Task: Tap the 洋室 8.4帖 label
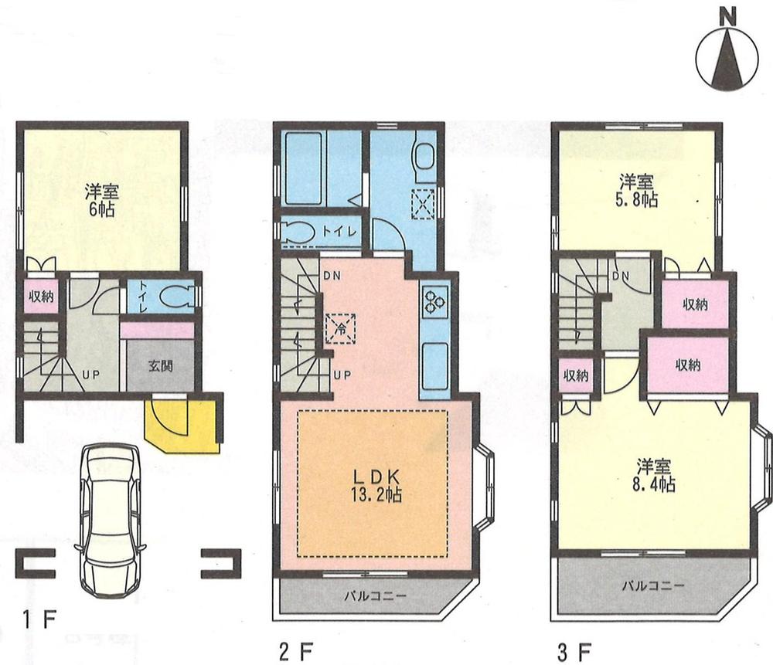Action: pos(656,475)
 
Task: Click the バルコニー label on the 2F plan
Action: pos(374,595)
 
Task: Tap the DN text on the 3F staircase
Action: pos(619,276)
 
